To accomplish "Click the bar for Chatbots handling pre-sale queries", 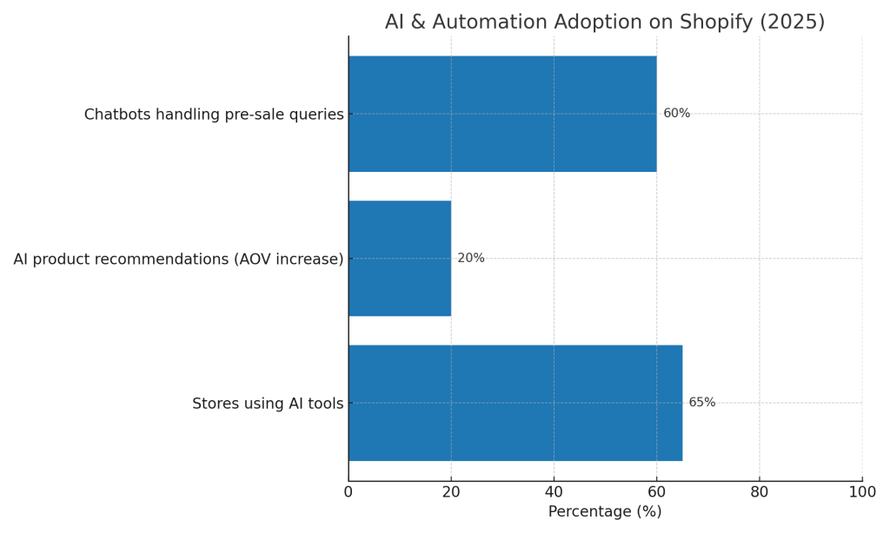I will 502,114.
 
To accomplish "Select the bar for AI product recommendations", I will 400,259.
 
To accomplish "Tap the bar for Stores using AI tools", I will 515,403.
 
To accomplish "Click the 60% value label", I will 676,114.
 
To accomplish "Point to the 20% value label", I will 471,259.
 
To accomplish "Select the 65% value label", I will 702,403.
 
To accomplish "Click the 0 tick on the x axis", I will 349,492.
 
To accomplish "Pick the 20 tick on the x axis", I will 451,492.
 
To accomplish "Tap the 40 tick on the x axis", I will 554,492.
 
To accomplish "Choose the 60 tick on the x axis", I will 656,492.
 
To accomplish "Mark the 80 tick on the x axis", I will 760,492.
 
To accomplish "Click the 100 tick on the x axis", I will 862,492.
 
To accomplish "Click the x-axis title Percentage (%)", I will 605,512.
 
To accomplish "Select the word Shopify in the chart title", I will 717,23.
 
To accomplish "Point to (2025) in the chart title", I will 793,23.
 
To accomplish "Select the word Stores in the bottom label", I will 214,404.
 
